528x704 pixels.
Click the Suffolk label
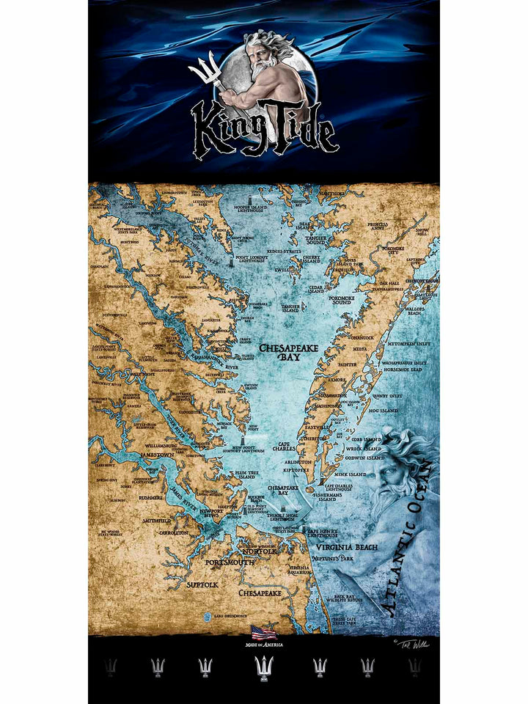(202, 584)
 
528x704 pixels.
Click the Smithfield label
(156, 520)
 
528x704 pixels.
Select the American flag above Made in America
(264, 632)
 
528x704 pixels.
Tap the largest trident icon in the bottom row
(264, 667)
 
